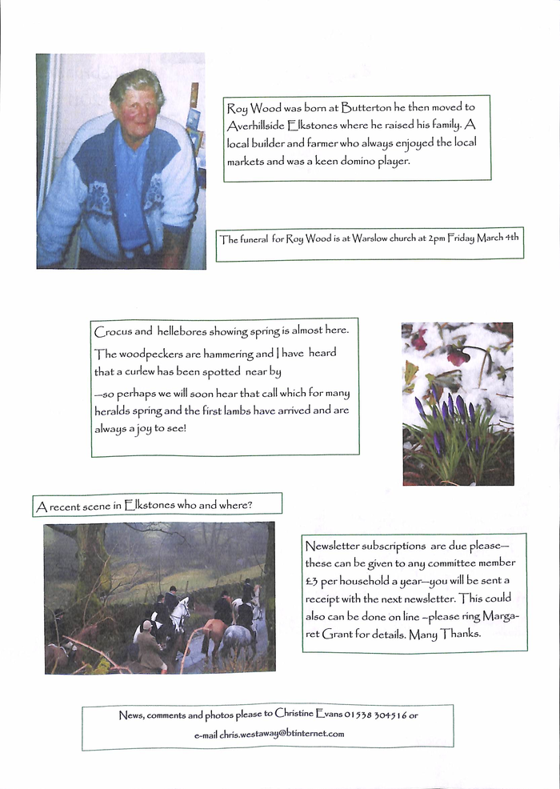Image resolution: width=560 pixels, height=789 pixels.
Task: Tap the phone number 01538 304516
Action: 376,715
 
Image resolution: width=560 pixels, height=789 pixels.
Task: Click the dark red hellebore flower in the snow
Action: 457,357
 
